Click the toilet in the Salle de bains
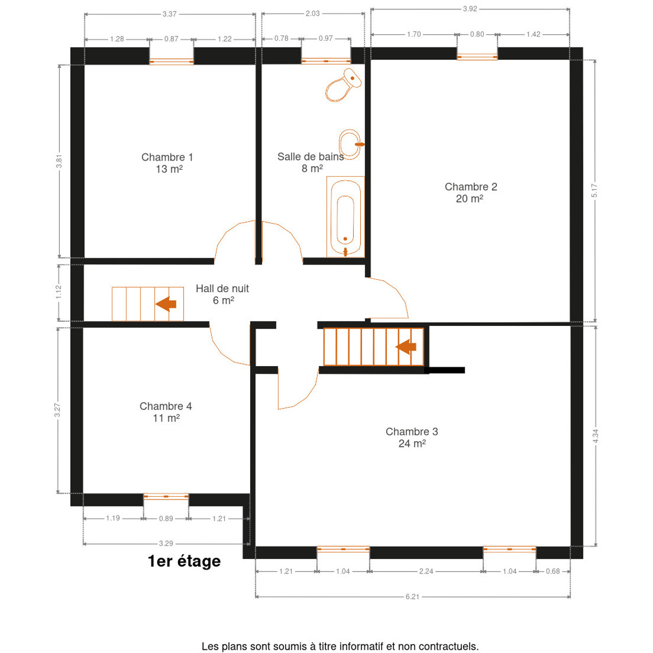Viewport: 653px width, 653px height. pos(343,85)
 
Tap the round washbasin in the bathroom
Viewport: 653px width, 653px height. pos(350,144)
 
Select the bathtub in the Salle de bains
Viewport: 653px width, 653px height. pos(346,217)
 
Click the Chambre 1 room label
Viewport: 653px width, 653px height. pos(167,157)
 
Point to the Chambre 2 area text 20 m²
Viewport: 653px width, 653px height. pos(469,199)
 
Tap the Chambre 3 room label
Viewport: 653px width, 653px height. pos(412,432)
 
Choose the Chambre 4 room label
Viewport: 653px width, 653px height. pos(166,406)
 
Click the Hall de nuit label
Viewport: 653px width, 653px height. pos(223,289)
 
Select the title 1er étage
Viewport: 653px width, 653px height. pos(184,561)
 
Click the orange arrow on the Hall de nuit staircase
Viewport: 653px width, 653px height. pos(166,304)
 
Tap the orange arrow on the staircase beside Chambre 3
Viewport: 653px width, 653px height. pos(406,347)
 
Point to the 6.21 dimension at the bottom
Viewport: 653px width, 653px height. pos(412,606)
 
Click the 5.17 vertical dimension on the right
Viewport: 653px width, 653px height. pos(594,191)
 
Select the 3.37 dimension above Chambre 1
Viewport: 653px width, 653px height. pos(169,14)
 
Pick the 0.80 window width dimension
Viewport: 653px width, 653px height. pos(477,34)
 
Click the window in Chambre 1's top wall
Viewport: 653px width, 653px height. pos(171,61)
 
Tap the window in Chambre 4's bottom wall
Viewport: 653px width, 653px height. pos(166,496)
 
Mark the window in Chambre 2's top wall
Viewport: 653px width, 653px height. pos(477,57)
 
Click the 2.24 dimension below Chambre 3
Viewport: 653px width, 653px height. pos(426,571)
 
